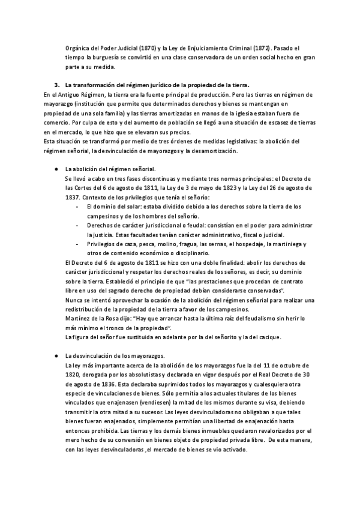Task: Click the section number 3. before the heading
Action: click(56, 85)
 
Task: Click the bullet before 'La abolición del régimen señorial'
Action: click(56, 169)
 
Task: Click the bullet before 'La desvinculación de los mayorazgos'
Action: click(56, 356)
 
